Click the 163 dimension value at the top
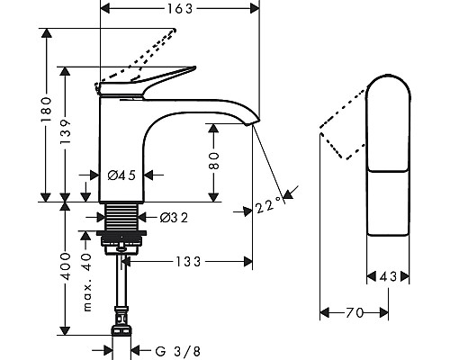pyautogui.click(x=180, y=9)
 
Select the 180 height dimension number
pyautogui.click(x=47, y=109)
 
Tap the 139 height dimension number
pyautogui.click(x=65, y=131)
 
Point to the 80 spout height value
pyautogui.click(x=213, y=161)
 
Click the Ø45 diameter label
pyautogui.click(x=121, y=175)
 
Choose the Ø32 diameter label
pyautogui.click(x=174, y=218)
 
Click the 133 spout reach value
pyautogui.click(x=188, y=262)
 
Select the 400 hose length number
pyautogui.click(x=65, y=266)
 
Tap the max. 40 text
pyautogui.click(x=87, y=283)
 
